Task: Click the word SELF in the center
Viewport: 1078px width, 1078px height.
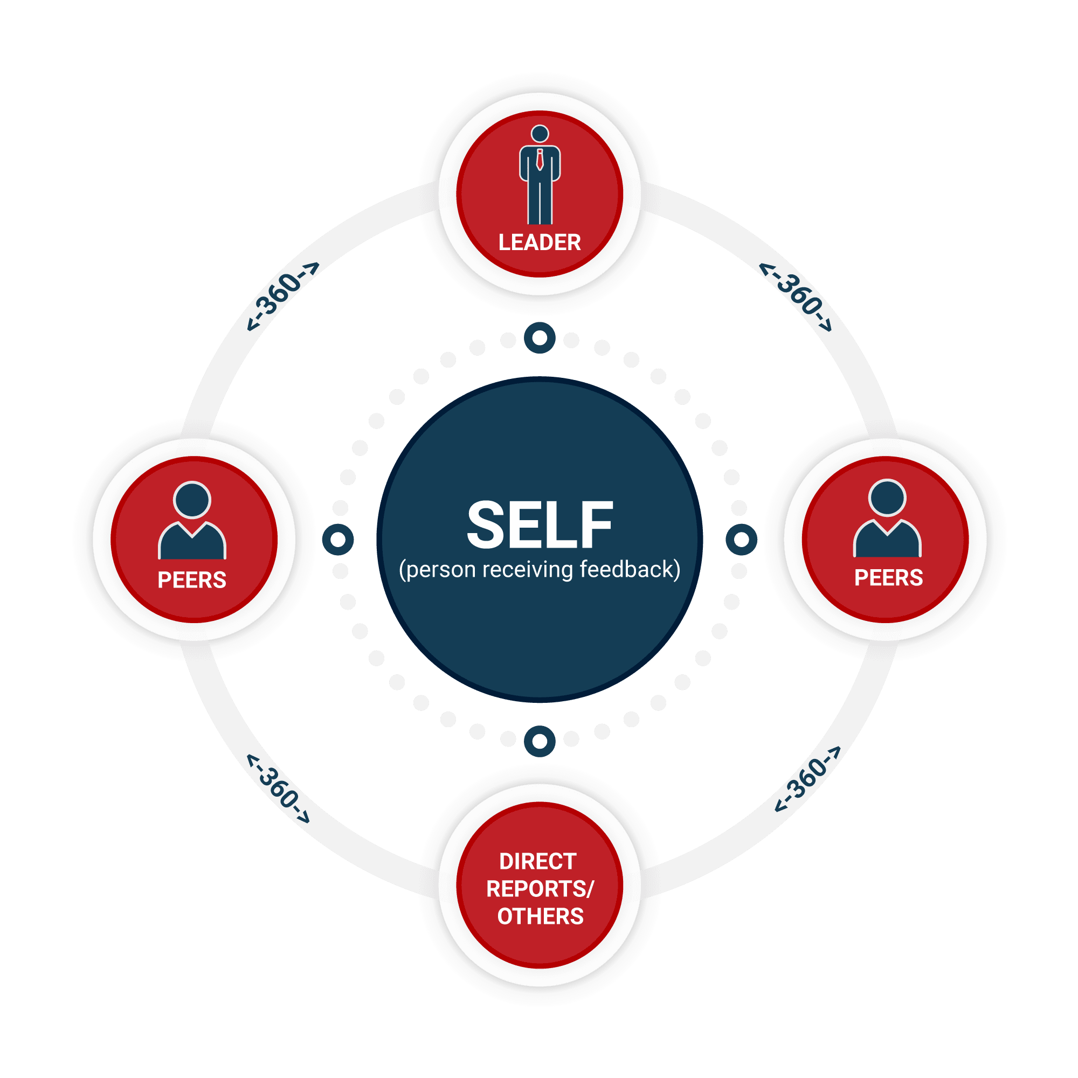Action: (539, 525)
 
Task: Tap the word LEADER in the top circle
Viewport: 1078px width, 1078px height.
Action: (539, 243)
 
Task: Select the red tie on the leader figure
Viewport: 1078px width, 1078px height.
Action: (540, 160)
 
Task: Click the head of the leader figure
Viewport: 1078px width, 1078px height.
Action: (540, 134)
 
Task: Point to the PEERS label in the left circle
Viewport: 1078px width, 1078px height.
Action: (192, 581)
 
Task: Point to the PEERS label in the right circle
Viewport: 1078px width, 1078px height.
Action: (888, 578)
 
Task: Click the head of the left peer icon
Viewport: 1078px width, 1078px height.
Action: (192, 500)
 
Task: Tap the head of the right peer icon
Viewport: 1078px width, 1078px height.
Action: (887, 497)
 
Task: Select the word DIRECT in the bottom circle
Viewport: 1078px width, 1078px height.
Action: (538, 861)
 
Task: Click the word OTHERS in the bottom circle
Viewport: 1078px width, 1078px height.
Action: (540, 916)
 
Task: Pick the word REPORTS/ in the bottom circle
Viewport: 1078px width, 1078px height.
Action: (540, 889)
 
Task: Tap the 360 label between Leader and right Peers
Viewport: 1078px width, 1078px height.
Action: (796, 296)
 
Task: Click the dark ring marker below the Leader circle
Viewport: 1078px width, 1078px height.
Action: (540, 337)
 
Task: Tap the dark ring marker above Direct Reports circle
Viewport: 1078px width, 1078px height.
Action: (540, 741)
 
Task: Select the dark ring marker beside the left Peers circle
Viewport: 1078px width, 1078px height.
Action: (338, 540)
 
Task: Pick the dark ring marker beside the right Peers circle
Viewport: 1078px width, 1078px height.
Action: (741, 540)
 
